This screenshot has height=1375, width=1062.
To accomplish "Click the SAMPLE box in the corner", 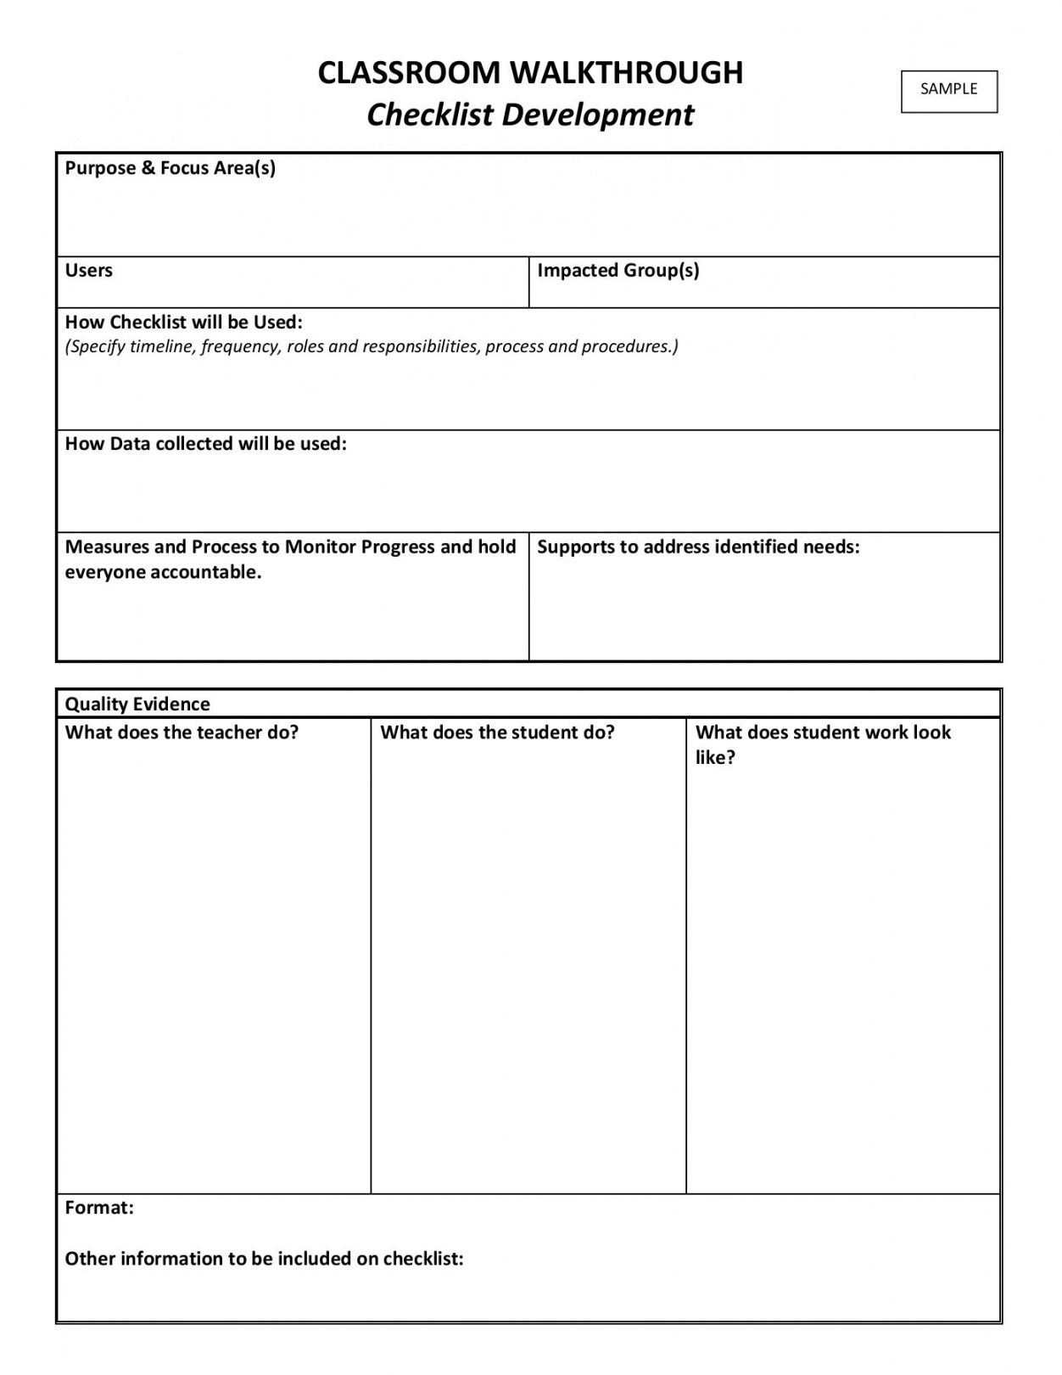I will (x=948, y=90).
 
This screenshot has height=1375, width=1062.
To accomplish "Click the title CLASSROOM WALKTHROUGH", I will (x=530, y=73).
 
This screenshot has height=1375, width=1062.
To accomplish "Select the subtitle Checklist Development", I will (x=530, y=115).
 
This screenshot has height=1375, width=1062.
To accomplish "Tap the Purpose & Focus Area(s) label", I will (x=170, y=168).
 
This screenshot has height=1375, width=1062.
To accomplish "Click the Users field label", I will (x=88, y=271).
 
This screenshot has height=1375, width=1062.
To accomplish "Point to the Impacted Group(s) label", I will (x=618, y=271).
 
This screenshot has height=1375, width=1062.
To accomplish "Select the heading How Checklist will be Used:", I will (x=183, y=323).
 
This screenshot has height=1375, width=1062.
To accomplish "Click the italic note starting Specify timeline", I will (x=372, y=346).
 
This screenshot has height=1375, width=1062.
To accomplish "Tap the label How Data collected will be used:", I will (x=205, y=444).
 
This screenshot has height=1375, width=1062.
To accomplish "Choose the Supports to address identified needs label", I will (x=698, y=547).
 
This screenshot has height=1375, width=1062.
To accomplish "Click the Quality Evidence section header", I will (x=137, y=704).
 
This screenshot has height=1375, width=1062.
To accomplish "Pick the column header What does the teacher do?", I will (x=182, y=732).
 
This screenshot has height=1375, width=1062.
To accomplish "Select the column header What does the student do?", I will (x=497, y=732).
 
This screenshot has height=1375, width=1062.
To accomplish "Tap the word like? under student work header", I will (x=714, y=758).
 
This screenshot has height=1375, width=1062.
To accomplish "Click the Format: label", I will (x=99, y=1208).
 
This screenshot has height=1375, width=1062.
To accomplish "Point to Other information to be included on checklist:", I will (x=264, y=1259).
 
